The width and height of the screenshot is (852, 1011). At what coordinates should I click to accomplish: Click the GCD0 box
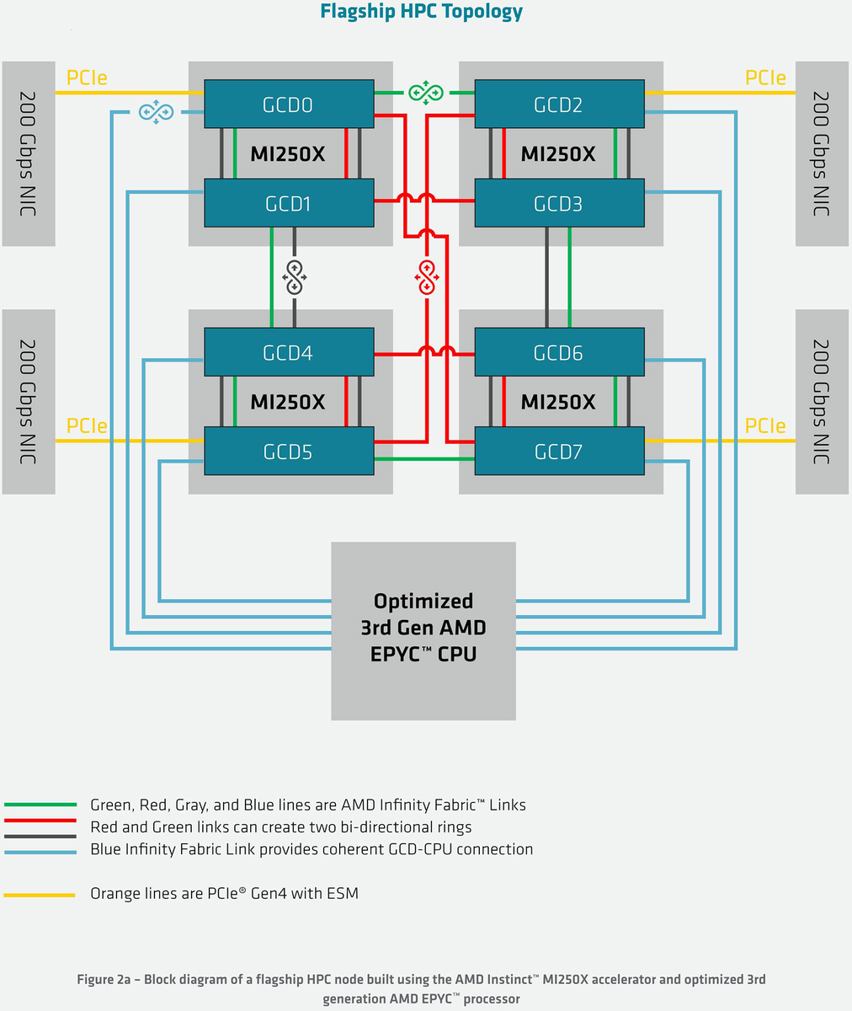[289, 104]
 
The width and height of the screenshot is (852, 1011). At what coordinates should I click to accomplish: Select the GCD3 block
[559, 203]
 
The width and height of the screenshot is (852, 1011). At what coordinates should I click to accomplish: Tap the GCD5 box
[289, 452]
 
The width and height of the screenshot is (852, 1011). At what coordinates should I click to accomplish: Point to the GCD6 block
[559, 352]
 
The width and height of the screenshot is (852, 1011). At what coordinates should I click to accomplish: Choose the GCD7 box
[559, 452]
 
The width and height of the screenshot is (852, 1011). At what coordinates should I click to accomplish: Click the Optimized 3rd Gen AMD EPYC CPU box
[423, 630]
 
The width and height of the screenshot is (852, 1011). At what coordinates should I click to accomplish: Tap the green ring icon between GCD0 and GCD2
[425, 93]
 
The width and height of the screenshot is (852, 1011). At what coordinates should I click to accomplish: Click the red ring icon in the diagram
[427, 277]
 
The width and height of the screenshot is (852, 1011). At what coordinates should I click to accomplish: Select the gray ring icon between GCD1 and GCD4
[294, 277]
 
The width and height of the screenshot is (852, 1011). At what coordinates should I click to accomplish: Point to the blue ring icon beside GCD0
[156, 111]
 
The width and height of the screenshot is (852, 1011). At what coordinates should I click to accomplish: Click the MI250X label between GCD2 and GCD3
[558, 154]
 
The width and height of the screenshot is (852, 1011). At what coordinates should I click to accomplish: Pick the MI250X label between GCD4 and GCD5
[288, 402]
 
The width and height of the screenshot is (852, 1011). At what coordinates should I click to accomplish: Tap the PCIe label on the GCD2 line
[765, 78]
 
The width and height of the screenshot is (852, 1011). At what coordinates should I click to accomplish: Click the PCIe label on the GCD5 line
[87, 425]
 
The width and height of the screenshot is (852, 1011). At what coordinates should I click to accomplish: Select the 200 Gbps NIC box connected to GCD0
[29, 153]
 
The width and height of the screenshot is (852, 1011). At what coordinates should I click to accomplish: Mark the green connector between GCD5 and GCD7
[424, 459]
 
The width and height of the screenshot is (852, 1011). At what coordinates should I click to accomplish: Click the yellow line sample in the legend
[40, 895]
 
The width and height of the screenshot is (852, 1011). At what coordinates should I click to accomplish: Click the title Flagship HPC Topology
[422, 12]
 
